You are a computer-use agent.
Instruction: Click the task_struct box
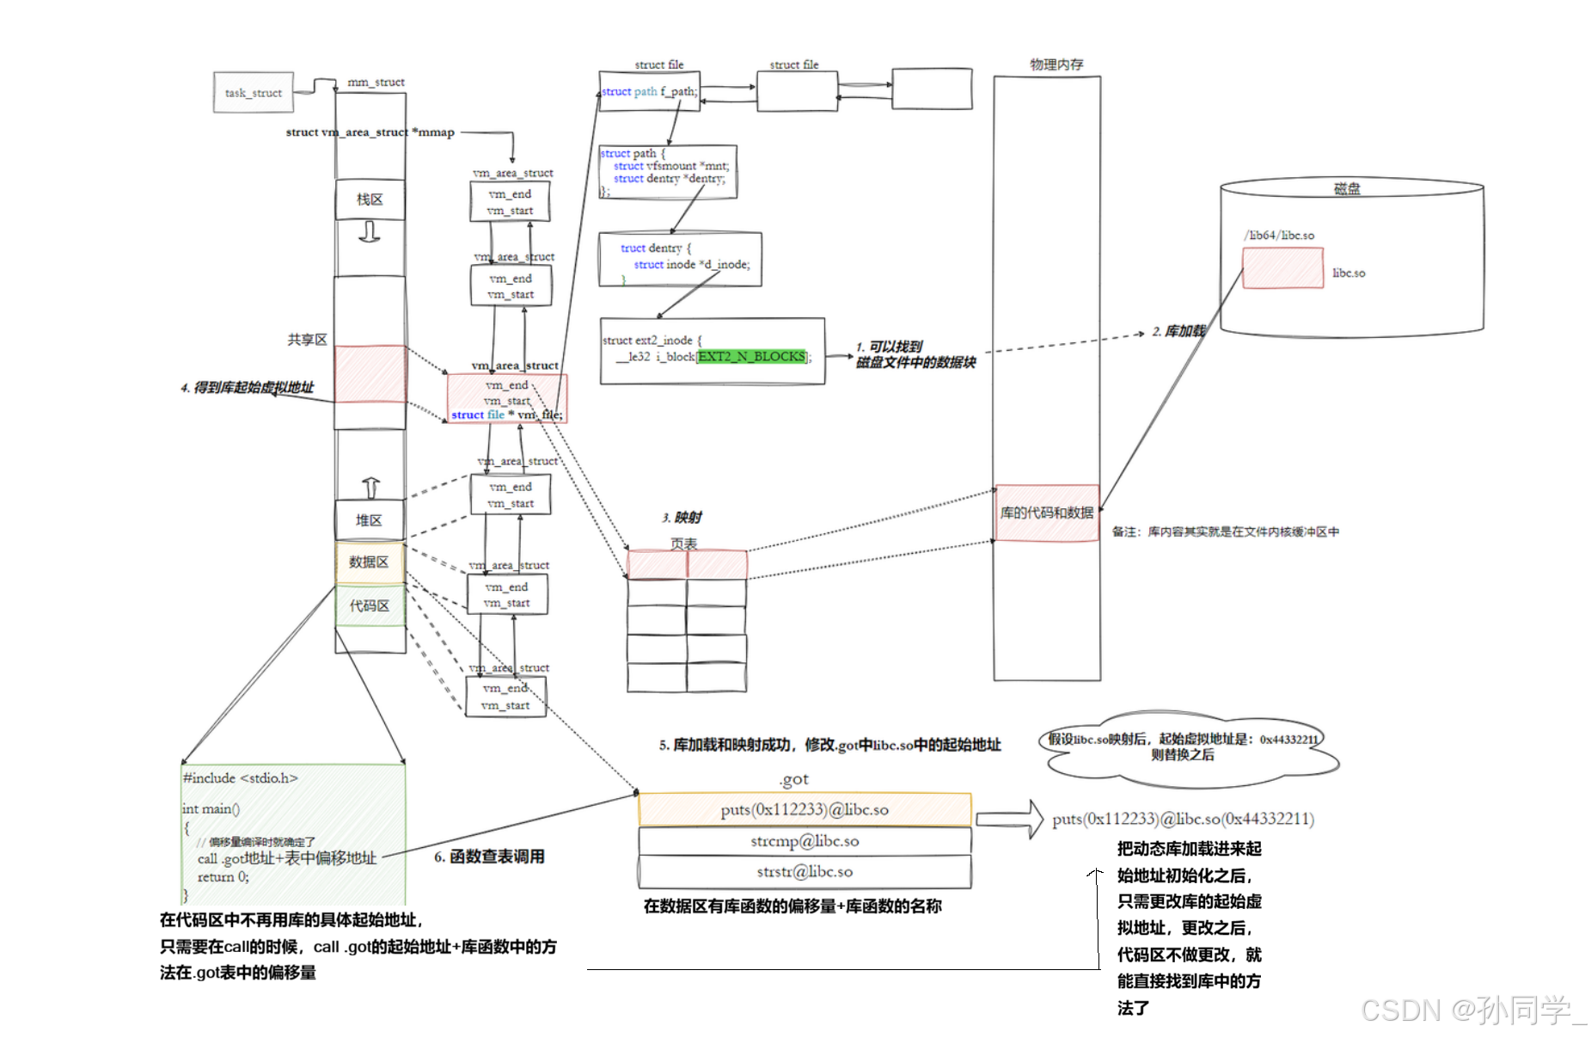254,93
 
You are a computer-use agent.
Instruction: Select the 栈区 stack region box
370,200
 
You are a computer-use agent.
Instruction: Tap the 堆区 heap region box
370,520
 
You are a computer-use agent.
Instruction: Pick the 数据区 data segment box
369,562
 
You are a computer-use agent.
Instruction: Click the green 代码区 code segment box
370,606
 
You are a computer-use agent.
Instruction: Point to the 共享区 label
307,340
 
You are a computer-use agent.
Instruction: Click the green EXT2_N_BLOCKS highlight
751,356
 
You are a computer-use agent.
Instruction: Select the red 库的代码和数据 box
1046,513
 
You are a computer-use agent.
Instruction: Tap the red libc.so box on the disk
1282,268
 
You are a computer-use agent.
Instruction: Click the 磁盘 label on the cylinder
1347,189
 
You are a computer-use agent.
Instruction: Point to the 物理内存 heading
1056,64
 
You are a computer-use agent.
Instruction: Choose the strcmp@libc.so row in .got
805,841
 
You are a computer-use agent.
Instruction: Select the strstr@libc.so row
805,872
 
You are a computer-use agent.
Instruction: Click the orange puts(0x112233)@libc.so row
805,809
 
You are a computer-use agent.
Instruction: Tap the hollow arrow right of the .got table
1009,819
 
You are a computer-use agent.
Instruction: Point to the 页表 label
683,544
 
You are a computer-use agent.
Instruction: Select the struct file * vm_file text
506,415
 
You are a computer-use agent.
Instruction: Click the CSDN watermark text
1472,1009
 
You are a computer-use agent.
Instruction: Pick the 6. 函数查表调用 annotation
489,857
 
